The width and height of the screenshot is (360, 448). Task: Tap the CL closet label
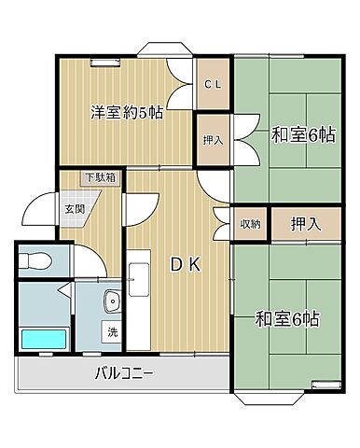(213, 83)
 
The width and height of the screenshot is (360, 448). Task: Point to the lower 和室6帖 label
(288, 319)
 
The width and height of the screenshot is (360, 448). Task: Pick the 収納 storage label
(251, 223)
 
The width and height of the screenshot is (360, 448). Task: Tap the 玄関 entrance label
(75, 209)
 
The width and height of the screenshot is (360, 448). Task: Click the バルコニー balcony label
(123, 375)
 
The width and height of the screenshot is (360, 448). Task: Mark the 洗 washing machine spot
(111, 330)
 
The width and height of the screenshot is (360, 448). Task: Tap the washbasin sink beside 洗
(112, 301)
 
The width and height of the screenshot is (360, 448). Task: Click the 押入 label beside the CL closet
(213, 140)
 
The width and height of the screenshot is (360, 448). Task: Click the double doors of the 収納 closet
(224, 223)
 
